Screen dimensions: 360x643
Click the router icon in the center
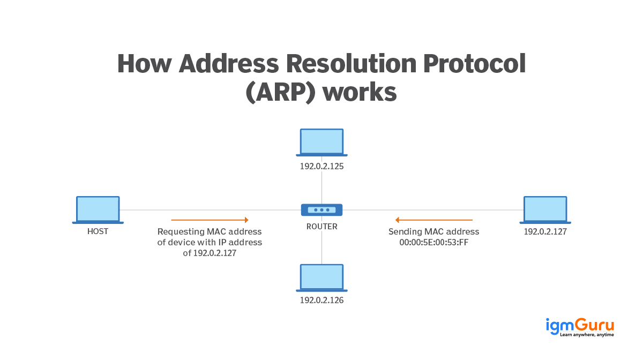(x=322, y=210)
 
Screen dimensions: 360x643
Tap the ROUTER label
(x=322, y=227)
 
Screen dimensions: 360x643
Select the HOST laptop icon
(x=98, y=210)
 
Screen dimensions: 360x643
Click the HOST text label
(x=98, y=232)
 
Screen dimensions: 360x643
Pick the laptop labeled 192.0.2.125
(x=322, y=142)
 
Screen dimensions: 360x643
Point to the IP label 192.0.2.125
(x=322, y=166)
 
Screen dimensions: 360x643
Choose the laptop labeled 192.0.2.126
(x=322, y=278)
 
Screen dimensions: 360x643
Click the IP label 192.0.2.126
(x=322, y=301)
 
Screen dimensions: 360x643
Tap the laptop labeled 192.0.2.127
(x=545, y=210)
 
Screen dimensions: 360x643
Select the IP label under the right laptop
(x=545, y=232)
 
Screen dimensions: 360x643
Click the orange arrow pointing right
(x=210, y=220)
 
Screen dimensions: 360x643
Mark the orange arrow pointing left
(x=433, y=220)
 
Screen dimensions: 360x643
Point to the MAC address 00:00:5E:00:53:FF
(x=433, y=243)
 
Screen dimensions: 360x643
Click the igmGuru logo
(x=579, y=326)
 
